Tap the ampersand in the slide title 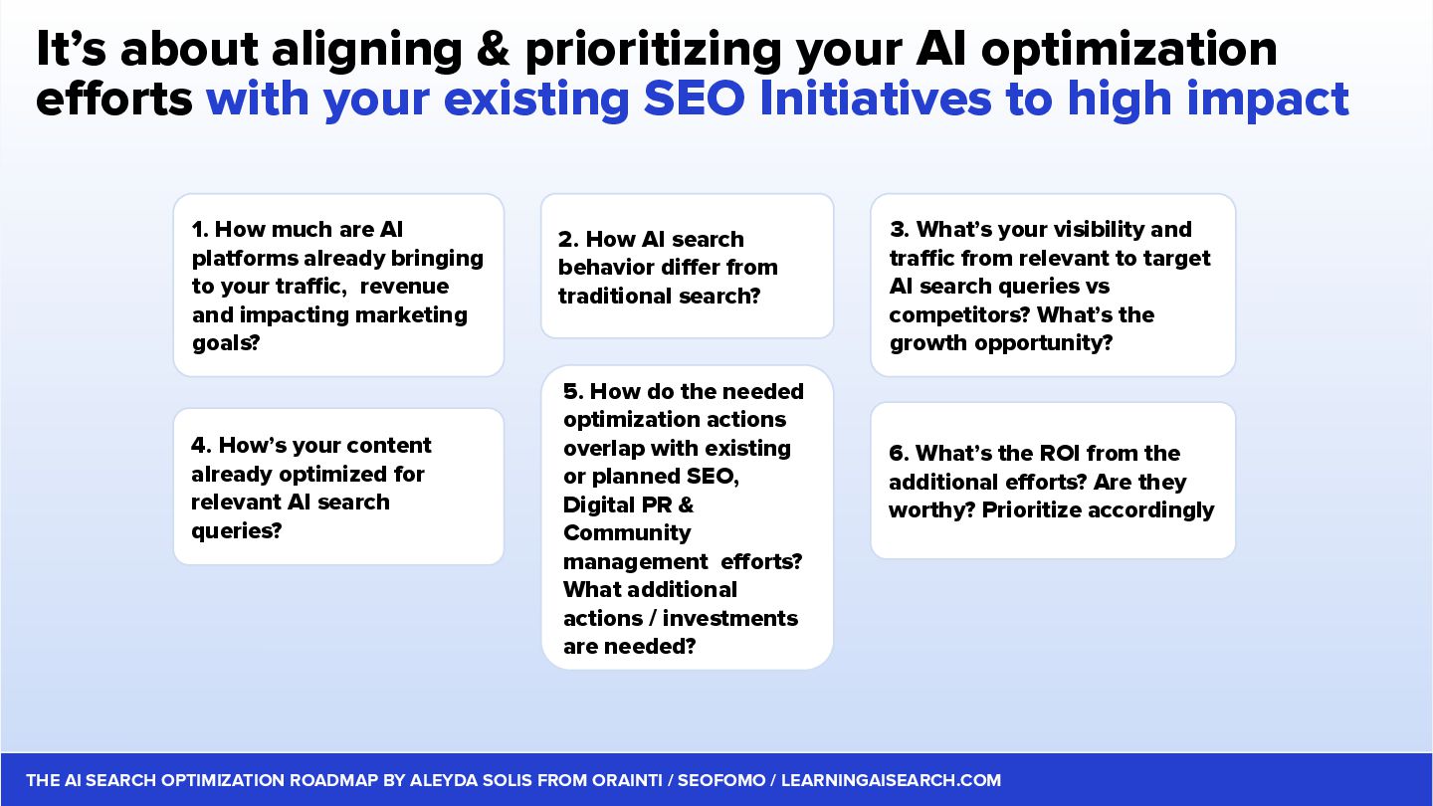pos(494,50)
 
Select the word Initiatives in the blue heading pos(875,99)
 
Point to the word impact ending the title pos(1268,101)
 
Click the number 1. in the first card pos(200,229)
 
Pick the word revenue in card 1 pos(404,286)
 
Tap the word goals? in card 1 pos(226,344)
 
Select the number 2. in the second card pos(568,239)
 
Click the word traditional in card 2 pos(615,296)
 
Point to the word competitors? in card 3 pos(959,314)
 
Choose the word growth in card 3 pos(928,344)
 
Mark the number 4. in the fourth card pos(201,445)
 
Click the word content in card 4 pos(389,445)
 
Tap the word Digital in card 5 pos(599,505)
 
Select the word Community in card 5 pos(627,533)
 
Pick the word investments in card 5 pos(730,618)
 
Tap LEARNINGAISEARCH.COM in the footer pos(892,780)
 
